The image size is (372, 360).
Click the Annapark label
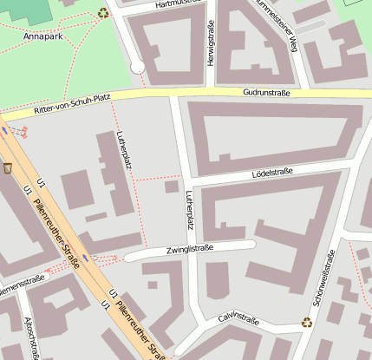point(42,37)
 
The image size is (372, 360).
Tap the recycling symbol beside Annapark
point(104,12)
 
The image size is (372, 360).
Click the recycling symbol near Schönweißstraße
point(306,323)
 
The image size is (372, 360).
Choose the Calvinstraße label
point(239,320)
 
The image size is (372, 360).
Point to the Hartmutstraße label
point(177,4)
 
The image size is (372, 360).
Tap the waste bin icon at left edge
point(7,167)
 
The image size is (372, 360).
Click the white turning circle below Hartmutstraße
point(137,66)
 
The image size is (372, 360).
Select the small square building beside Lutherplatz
point(172,186)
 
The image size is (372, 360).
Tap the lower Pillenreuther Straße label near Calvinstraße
point(139,330)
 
